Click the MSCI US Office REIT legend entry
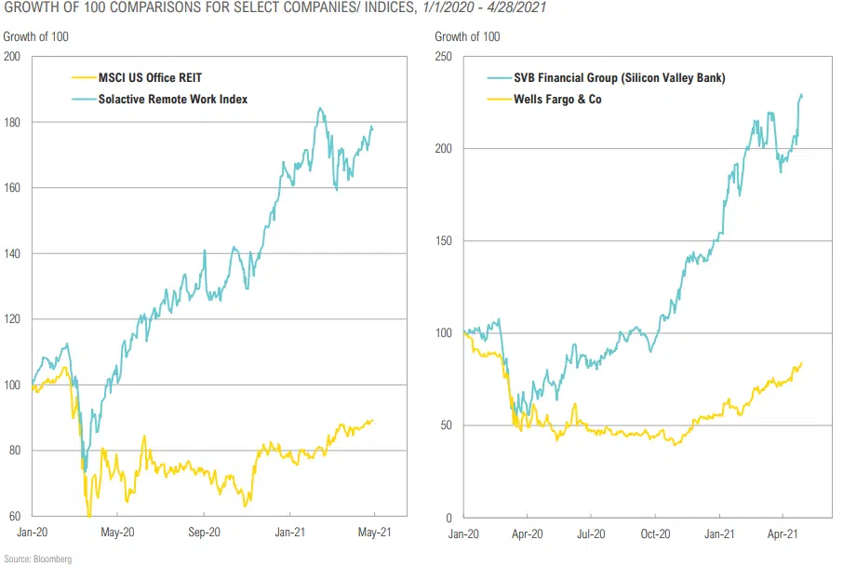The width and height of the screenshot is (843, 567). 149,78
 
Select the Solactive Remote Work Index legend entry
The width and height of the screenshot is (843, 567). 172,99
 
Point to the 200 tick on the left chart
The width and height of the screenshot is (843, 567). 12,57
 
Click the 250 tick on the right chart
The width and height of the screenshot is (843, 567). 444,57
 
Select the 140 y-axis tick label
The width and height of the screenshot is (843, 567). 12,253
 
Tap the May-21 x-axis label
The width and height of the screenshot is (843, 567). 373,533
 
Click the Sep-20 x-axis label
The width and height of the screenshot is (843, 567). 205,533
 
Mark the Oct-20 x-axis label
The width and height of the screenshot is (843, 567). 655,533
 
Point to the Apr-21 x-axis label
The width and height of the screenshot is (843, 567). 783,533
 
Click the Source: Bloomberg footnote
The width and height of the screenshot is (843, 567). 38,559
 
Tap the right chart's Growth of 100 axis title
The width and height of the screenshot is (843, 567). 467,36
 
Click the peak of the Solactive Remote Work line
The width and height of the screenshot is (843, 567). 320,108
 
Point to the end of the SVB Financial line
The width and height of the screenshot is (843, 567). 802,96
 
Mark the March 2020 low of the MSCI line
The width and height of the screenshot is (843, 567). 89,515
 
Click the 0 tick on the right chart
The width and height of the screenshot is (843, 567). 450,517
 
